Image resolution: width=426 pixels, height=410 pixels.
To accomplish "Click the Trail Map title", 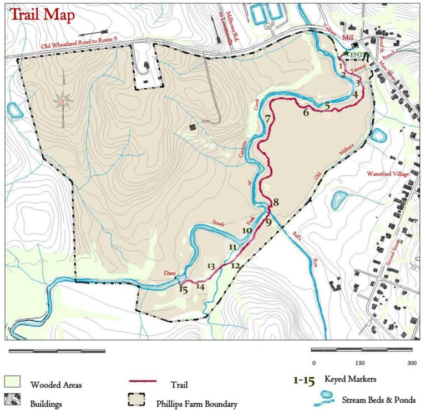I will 42,15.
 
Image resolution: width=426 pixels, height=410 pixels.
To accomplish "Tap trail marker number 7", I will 268,118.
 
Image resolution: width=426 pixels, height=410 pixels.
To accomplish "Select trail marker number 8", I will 275,203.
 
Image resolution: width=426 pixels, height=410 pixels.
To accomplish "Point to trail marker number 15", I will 184,288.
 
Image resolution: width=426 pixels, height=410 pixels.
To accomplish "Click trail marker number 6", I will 306,113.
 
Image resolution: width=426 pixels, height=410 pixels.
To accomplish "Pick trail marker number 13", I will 211,266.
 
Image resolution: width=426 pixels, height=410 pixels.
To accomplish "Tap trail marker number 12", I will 236,266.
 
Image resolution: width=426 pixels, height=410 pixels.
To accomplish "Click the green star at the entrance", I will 346,54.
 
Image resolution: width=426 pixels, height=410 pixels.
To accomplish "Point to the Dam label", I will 170,274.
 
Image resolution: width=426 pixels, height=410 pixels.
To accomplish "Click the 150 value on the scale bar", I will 359,363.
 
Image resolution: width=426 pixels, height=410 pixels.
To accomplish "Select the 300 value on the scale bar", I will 411,363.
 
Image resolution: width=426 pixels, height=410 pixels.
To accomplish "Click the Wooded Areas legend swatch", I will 12,382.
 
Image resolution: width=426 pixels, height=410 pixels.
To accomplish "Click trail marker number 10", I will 247,230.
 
